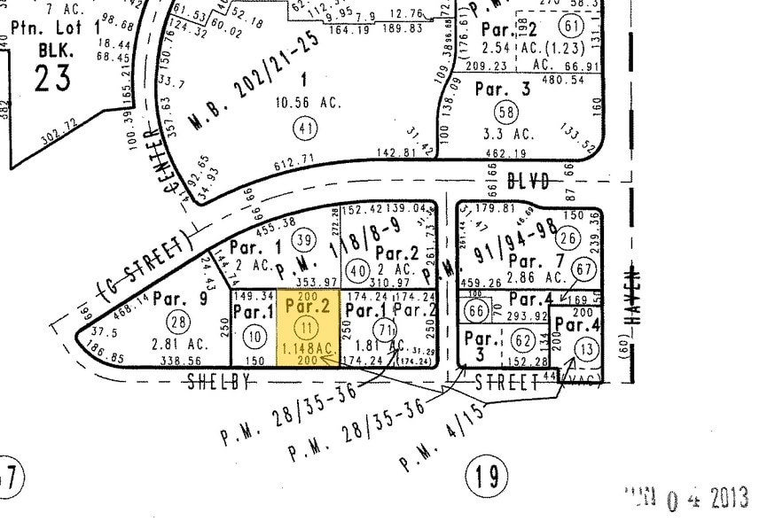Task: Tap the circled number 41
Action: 306,128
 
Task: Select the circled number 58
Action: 507,113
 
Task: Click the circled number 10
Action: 254,335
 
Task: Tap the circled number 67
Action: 583,269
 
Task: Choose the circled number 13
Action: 586,349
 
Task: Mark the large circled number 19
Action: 486,478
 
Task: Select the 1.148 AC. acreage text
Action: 306,350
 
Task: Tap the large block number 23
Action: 53,78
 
